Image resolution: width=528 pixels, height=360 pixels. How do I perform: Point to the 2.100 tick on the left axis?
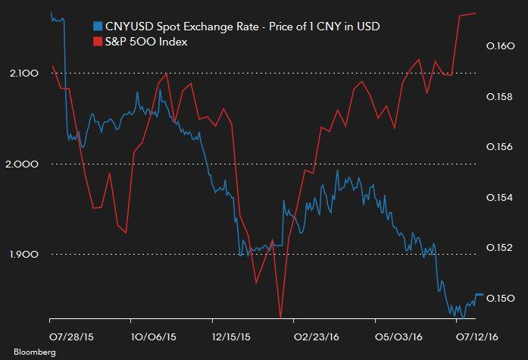(x=25, y=73)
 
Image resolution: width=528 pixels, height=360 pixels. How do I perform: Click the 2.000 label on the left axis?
(x=25, y=164)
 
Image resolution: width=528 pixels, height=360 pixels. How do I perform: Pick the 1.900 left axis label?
(x=25, y=254)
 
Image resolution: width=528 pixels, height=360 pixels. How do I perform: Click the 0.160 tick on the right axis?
(x=499, y=47)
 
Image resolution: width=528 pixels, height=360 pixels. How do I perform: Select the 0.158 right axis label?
(x=499, y=97)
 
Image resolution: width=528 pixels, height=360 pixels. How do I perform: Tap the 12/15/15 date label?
(x=233, y=333)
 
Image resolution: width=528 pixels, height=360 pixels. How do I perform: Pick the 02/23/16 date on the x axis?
(x=315, y=333)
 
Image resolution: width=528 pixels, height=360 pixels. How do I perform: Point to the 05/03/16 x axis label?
(x=396, y=333)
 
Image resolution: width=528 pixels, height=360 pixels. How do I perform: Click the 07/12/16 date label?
(x=475, y=333)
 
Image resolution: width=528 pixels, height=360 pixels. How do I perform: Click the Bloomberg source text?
(x=24, y=351)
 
